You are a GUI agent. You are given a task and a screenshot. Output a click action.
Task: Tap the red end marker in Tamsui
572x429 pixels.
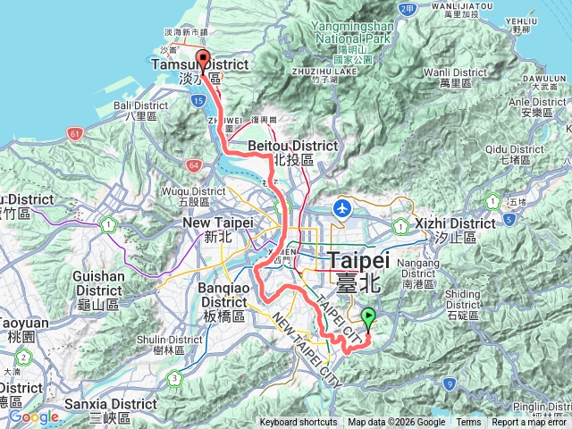[x=202, y=61]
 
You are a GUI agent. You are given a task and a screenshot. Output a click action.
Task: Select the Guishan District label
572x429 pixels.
[x=99, y=283]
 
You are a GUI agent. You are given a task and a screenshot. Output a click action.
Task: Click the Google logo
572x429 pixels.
[x=34, y=416]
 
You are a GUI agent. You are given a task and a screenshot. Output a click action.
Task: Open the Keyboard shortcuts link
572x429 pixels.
[x=299, y=423]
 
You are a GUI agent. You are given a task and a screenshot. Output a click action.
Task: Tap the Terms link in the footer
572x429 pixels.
[x=468, y=423]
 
